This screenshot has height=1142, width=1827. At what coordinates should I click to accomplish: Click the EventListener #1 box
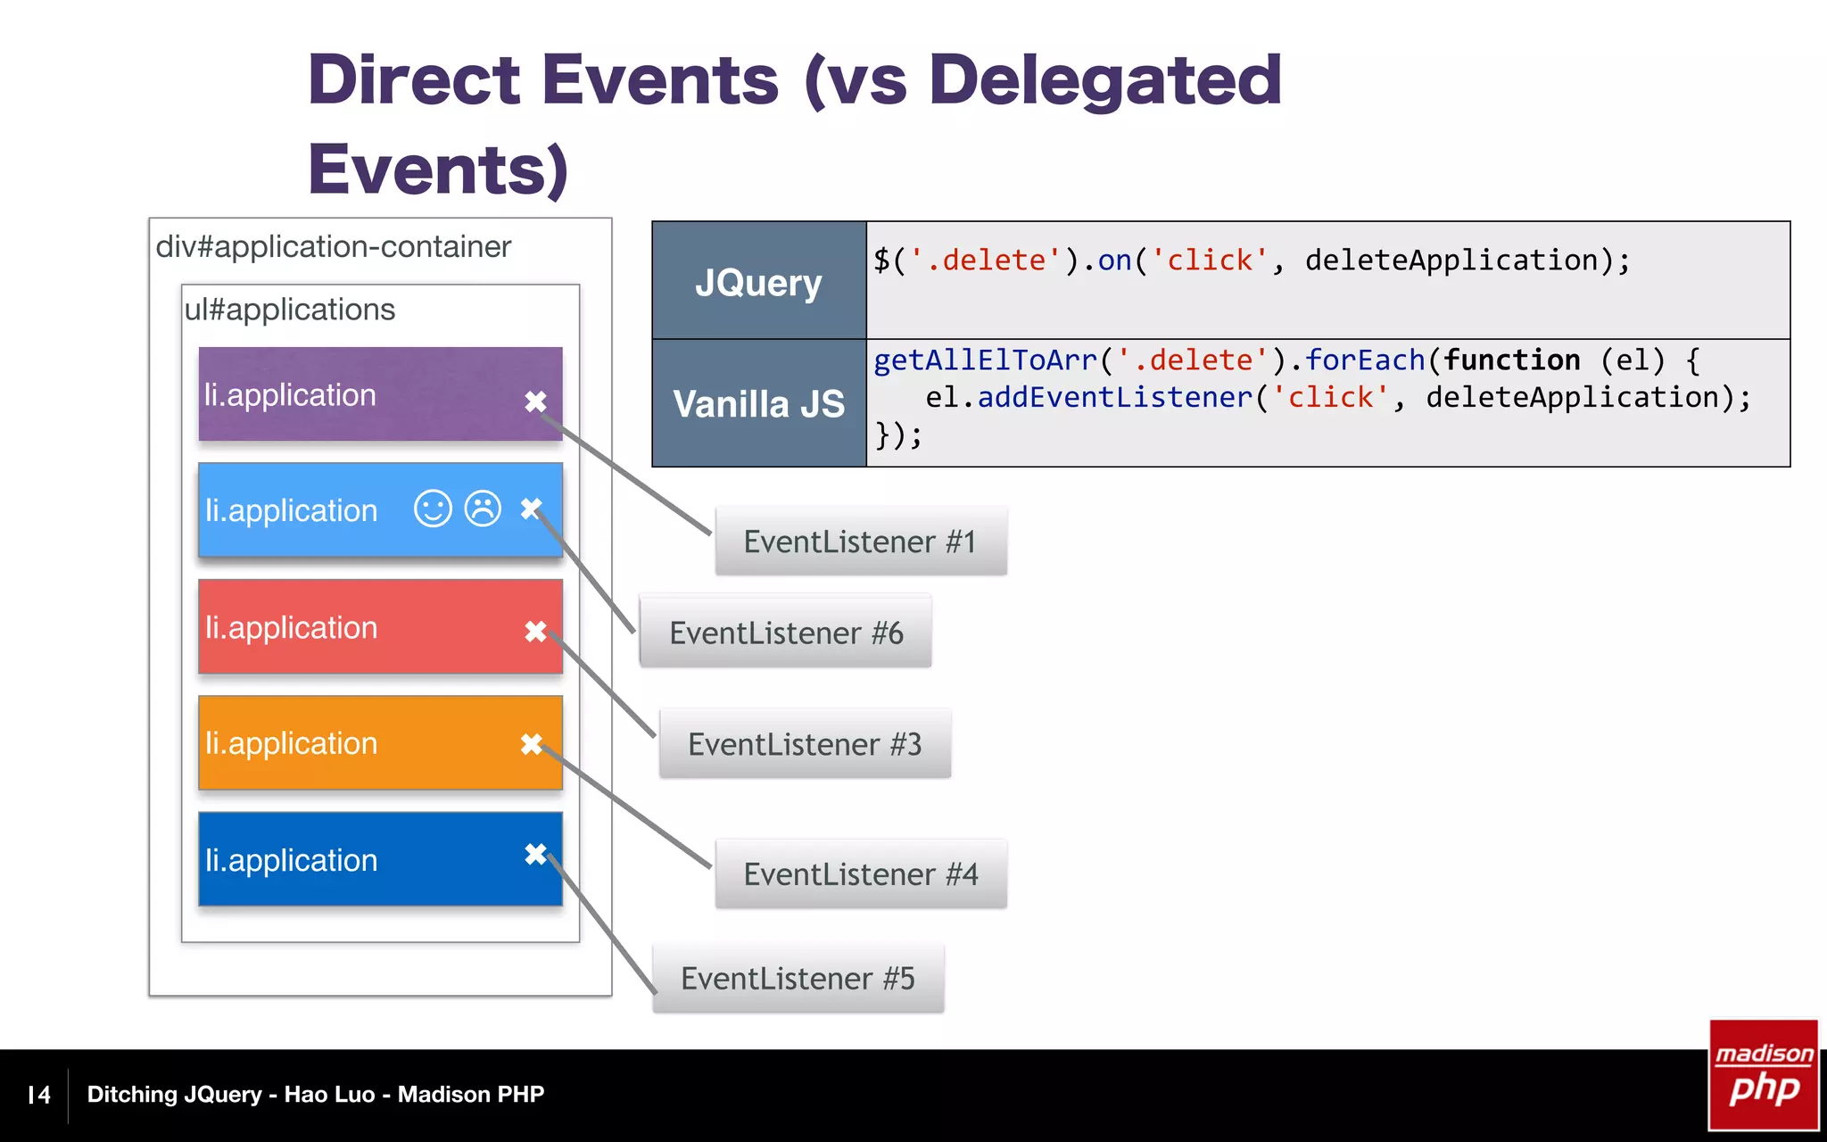861,542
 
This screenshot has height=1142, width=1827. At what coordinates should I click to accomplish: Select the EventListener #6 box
786,633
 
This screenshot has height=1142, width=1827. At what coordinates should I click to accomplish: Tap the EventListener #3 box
805,744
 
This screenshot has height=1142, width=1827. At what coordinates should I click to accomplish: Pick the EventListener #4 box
861,874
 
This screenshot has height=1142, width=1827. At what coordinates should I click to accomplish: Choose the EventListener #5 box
798,979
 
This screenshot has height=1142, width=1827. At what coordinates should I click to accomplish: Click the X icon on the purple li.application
535,401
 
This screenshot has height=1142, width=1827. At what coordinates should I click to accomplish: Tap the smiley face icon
433,509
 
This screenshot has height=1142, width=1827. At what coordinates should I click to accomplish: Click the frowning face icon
483,509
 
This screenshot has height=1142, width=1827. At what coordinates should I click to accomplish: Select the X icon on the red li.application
535,631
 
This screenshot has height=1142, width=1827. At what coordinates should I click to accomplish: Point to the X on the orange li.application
532,743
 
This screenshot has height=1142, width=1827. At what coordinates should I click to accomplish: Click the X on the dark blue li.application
535,854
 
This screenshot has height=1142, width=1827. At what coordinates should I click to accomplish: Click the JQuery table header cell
758,281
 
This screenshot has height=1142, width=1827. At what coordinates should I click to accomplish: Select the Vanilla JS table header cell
758,403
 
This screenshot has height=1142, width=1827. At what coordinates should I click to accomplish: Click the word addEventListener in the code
1115,397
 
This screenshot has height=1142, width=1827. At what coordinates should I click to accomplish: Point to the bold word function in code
1512,360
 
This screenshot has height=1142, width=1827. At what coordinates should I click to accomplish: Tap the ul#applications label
289,310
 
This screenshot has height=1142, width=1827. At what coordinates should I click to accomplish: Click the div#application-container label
333,246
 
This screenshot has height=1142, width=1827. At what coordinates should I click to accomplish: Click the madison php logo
1763,1075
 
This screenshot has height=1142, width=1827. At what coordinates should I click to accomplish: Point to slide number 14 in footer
39,1095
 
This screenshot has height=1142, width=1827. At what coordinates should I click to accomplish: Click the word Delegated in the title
1104,80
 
